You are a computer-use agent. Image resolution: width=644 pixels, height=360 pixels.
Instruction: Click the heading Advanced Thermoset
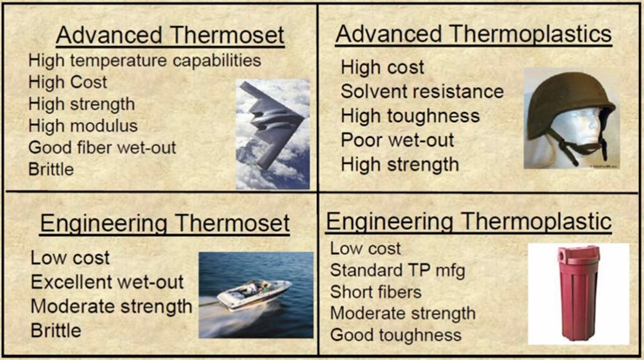(x=170, y=36)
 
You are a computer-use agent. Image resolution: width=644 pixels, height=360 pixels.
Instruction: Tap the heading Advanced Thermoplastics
(x=474, y=35)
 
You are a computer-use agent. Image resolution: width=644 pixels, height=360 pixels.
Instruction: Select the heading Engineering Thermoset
(x=165, y=224)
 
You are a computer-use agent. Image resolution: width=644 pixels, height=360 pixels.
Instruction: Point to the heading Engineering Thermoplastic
(x=469, y=222)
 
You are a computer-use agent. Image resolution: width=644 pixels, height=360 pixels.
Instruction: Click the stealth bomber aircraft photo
(x=273, y=134)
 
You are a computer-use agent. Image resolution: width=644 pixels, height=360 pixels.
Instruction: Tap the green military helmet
(x=570, y=106)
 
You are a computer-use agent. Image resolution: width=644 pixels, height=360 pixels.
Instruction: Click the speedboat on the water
(x=253, y=295)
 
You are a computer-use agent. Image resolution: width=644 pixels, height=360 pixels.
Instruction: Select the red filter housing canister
(x=578, y=293)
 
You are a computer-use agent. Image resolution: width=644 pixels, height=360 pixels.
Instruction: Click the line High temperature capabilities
(x=145, y=61)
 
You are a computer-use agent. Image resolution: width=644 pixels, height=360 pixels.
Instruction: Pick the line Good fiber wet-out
(x=102, y=147)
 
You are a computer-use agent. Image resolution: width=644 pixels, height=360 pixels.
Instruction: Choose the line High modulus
(x=83, y=126)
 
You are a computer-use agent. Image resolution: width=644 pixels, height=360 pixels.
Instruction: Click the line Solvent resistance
(x=422, y=92)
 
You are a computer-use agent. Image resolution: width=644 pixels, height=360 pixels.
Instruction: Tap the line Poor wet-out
(x=398, y=140)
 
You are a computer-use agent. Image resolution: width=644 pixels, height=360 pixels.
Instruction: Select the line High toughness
(x=411, y=115)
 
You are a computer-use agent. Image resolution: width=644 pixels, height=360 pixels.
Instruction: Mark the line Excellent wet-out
(x=108, y=282)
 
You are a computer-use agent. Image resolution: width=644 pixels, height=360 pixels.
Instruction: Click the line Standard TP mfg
(x=398, y=271)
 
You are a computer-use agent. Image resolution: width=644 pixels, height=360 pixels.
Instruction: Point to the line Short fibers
(x=376, y=291)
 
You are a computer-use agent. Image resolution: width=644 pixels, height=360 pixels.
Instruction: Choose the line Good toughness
(x=396, y=335)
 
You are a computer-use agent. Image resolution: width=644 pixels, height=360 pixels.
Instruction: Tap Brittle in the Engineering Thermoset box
(x=56, y=331)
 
